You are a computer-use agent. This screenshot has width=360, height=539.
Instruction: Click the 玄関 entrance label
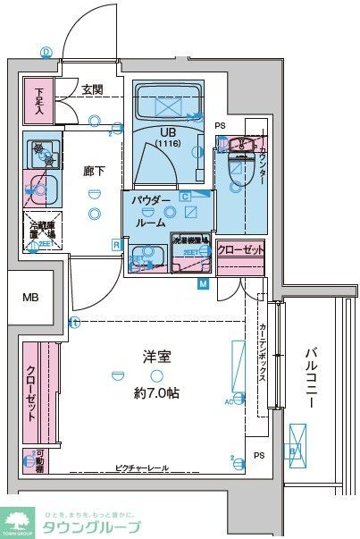click(92, 88)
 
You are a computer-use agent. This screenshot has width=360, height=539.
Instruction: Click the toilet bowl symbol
click(236, 165)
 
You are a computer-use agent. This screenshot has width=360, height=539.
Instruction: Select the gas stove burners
click(40, 153)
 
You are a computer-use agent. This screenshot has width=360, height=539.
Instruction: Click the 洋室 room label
click(157, 357)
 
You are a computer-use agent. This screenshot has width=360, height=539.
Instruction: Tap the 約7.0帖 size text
click(157, 392)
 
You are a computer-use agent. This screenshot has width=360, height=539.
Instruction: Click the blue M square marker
click(203, 283)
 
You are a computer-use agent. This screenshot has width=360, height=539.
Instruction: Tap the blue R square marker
click(116, 244)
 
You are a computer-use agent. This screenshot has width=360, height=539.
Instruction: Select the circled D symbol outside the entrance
click(46, 52)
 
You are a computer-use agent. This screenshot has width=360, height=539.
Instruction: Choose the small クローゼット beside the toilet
click(240, 250)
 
